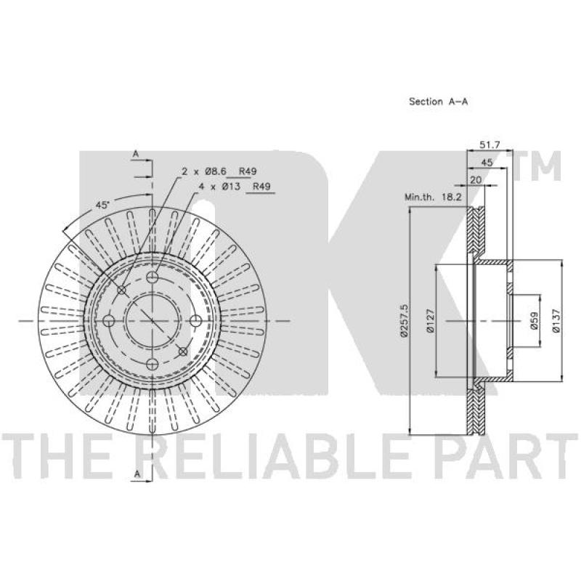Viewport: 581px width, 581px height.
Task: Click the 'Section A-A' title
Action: (438, 102)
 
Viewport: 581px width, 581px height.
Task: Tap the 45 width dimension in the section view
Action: (497, 163)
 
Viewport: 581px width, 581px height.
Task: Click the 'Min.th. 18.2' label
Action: (434, 197)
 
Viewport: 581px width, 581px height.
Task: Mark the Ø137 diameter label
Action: (555, 320)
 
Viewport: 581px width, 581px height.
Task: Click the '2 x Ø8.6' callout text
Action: (205, 171)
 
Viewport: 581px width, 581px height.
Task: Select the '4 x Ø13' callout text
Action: (221, 187)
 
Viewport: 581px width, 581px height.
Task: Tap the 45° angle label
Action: (102, 206)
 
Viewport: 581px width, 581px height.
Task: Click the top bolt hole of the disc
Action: (152, 279)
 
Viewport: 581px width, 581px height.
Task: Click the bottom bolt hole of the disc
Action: (152, 364)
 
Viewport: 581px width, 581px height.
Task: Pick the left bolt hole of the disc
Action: (110, 321)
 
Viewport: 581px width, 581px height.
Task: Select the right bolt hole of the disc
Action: (195, 321)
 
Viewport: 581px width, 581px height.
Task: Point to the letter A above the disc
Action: (135, 154)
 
